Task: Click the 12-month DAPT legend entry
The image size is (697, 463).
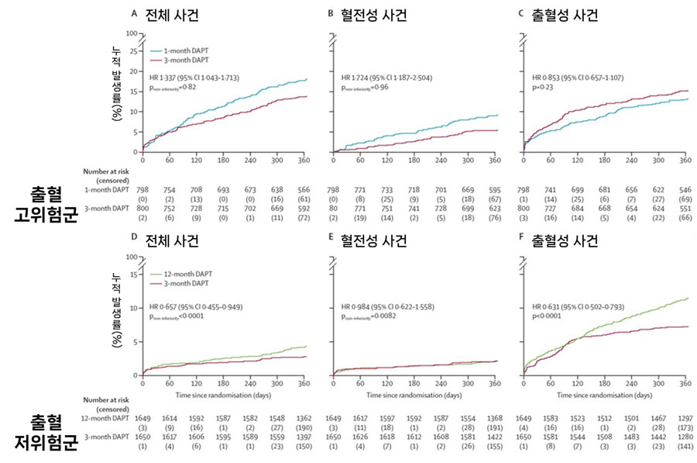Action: click(x=187, y=274)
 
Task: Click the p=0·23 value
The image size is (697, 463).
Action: click(x=544, y=89)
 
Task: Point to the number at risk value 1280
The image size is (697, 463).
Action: click(x=685, y=436)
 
